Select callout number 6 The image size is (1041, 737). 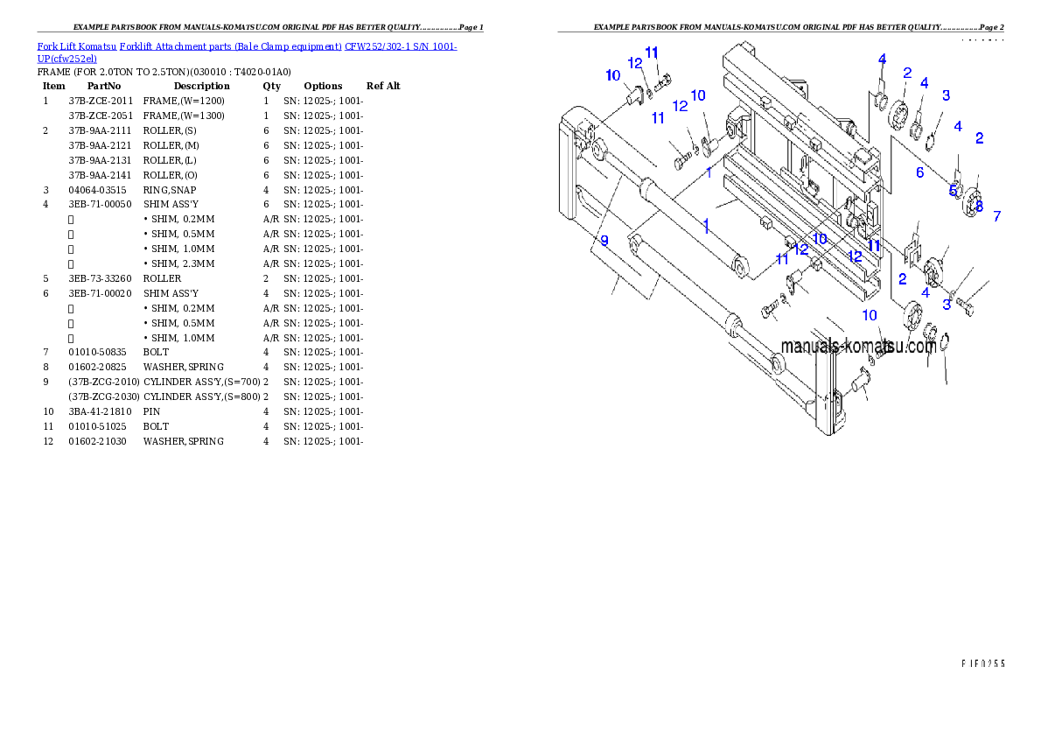(x=919, y=172)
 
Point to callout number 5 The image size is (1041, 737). (x=954, y=190)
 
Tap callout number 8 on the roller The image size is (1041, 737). (x=979, y=207)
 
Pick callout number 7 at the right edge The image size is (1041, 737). (x=997, y=215)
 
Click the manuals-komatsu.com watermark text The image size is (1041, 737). (x=858, y=347)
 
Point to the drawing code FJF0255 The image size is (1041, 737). (x=982, y=663)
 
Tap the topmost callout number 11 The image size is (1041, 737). (x=652, y=53)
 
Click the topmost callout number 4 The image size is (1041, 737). (x=882, y=60)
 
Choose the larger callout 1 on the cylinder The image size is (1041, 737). (x=705, y=223)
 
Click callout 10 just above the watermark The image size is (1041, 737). (x=870, y=315)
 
